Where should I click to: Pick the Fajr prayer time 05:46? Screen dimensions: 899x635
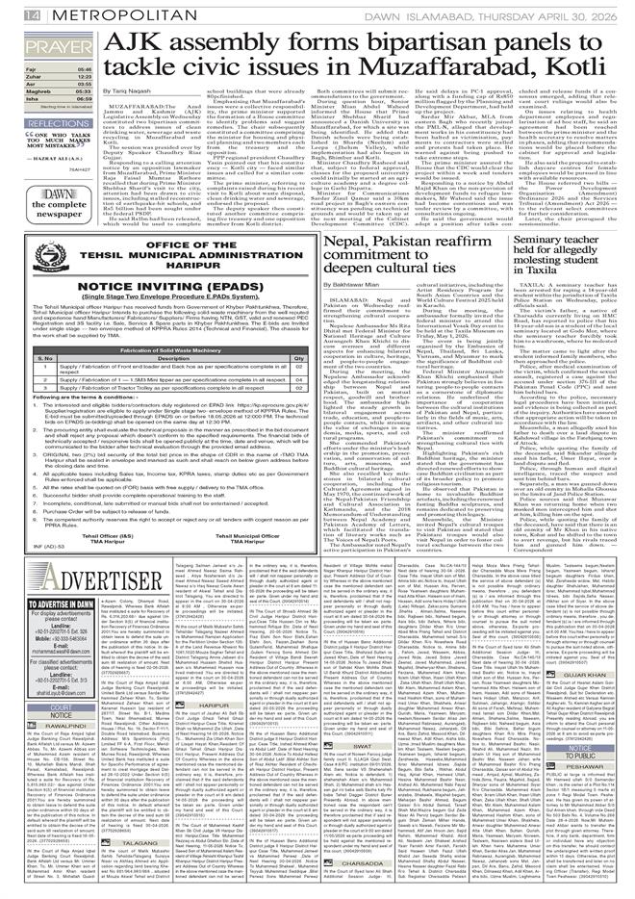point(85,70)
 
